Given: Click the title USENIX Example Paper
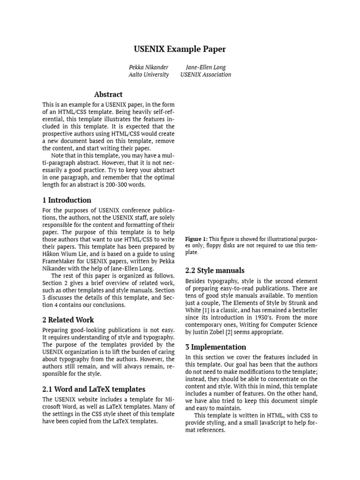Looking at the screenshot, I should point(180,49).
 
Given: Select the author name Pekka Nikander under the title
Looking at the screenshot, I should point(149,67).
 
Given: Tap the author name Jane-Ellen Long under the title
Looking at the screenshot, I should point(205,67).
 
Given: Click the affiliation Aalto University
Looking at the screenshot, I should point(149,75).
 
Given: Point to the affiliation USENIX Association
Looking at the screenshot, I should point(205,75).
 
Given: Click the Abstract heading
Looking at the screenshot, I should point(108,94).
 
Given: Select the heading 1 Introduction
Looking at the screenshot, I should point(67,200).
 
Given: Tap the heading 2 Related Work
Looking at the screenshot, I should point(67,320).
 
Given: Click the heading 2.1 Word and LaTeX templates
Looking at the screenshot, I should point(94,389).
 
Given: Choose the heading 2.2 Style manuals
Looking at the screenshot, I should point(215,270).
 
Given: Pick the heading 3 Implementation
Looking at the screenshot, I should point(216,347).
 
